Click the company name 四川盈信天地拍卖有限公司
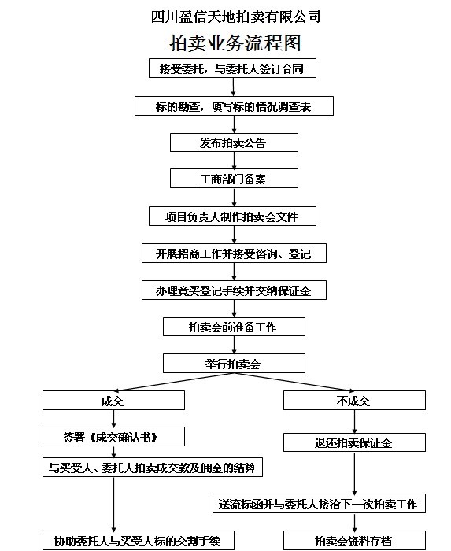click(x=235, y=17)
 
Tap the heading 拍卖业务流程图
click(x=235, y=43)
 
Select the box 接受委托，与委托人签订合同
click(x=232, y=68)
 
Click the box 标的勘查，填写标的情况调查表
click(x=234, y=106)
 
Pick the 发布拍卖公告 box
click(x=234, y=142)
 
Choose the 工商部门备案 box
click(x=234, y=179)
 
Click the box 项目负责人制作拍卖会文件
click(x=232, y=216)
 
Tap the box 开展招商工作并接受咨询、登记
click(x=234, y=253)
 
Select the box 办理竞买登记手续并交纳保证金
click(x=234, y=290)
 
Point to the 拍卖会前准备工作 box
click(x=234, y=327)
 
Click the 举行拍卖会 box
click(x=234, y=364)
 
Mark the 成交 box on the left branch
click(x=113, y=400)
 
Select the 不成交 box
click(x=354, y=400)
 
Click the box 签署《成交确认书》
click(x=113, y=437)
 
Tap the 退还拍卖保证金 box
click(x=354, y=442)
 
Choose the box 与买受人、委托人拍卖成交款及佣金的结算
click(x=153, y=468)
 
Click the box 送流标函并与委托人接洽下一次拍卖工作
click(x=319, y=504)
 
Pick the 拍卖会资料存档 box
click(x=354, y=541)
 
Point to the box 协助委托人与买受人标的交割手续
click(x=139, y=541)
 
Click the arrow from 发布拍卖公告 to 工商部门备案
click(x=234, y=161)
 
